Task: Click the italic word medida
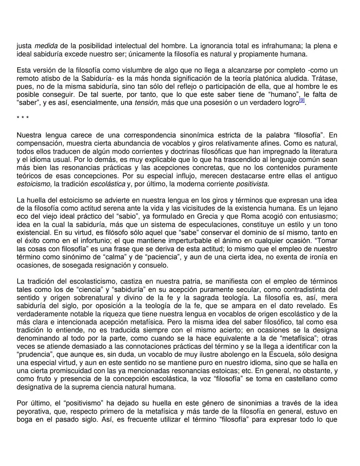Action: tap(46, 46)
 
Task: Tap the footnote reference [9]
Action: tap(302, 100)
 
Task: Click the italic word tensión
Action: tap(147, 103)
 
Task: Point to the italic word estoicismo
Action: tap(34, 184)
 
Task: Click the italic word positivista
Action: tap(252, 184)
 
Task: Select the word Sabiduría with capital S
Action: tap(96, 78)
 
